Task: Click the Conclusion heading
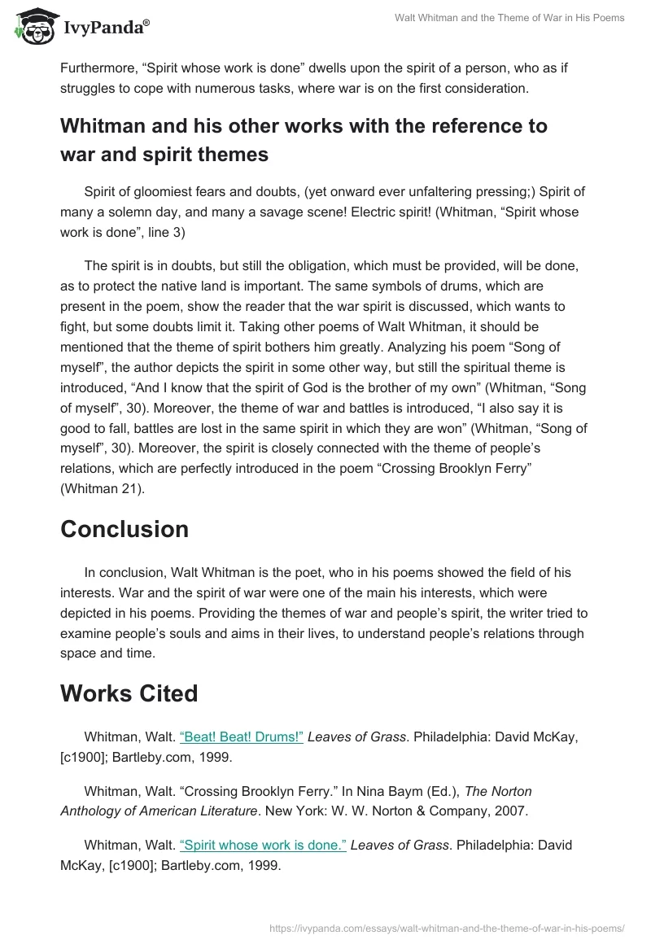click(125, 529)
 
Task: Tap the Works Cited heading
click(129, 693)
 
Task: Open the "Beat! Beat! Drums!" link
click(242, 736)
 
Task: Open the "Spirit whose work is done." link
click(263, 846)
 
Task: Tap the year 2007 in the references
click(512, 811)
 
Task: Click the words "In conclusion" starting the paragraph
click(125, 574)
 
